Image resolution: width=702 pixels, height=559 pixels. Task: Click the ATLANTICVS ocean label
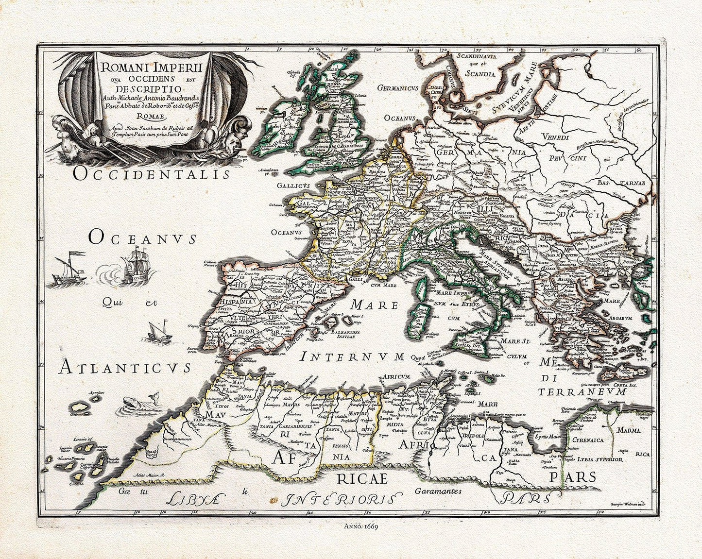tap(124, 368)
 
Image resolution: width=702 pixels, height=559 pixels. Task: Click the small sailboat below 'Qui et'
tap(158, 333)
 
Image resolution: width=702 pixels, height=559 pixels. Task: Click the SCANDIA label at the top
tap(479, 74)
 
